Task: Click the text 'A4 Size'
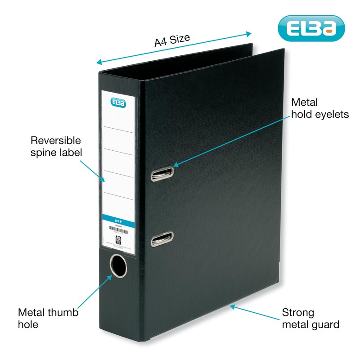(x=172, y=40)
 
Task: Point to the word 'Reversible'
(x=55, y=139)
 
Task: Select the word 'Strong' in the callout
(x=298, y=312)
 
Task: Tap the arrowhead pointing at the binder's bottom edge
(x=232, y=306)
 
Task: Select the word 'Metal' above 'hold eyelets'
(x=305, y=102)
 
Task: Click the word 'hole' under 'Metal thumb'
(x=27, y=324)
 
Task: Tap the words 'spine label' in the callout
(x=56, y=152)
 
